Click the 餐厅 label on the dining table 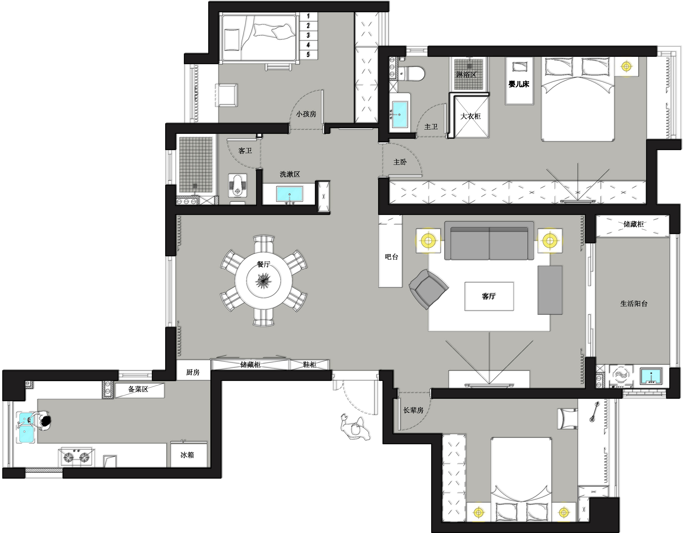coord(263,264)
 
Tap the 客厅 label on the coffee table coord(489,296)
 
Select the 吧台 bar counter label coord(392,257)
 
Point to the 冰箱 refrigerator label coord(187,455)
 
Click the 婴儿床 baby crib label coord(519,84)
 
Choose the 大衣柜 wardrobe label coord(470,116)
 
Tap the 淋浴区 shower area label coord(466,74)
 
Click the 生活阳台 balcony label coord(634,303)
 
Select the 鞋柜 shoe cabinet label coord(310,364)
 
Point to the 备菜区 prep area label coord(138,389)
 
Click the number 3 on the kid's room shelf coord(308,35)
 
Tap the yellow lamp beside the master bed coord(626,66)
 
